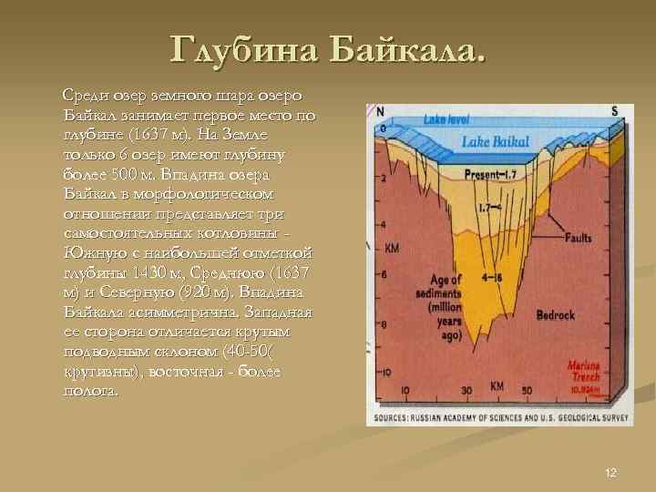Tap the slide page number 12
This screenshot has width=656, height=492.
coord(610,472)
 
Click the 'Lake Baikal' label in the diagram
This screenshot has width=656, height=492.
coord(494,142)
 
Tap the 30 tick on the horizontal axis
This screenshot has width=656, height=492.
coord(466,391)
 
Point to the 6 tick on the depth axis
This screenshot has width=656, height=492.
coord(384,273)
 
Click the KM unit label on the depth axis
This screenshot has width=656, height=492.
coord(391,248)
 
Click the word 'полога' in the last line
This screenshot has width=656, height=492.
coord(88,390)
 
